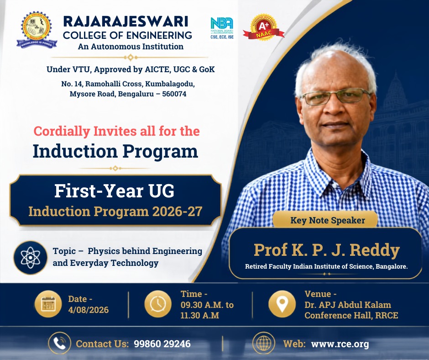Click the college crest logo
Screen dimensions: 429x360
point(37,30)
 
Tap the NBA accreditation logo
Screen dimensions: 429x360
point(222,28)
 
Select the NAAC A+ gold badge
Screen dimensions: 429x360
point(263,28)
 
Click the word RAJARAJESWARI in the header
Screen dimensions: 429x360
point(126,21)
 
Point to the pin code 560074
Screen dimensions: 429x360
point(174,94)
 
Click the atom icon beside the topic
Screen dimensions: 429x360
point(31,258)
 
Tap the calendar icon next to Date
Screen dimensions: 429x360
point(48,304)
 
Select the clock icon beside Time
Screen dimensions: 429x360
point(158,304)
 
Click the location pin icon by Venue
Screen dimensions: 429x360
point(282,304)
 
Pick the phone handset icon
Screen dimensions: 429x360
point(59,343)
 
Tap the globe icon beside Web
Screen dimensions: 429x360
point(263,343)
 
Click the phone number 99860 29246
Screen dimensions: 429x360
point(162,344)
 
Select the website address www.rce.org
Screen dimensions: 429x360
point(340,344)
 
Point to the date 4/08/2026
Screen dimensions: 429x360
point(89,310)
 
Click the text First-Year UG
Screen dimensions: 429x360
point(115,191)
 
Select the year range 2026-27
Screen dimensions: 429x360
point(177,212)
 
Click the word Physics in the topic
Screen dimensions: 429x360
point(104,251)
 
